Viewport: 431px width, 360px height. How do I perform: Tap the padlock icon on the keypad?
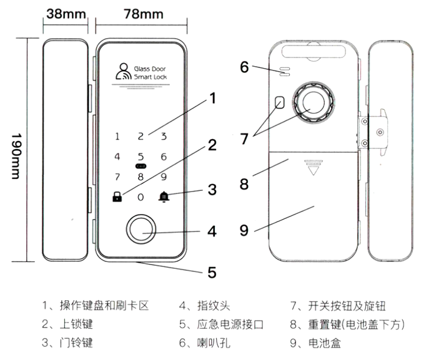(117, 198)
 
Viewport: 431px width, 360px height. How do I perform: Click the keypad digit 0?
(141, 198)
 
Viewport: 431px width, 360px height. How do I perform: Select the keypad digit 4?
(117, 157)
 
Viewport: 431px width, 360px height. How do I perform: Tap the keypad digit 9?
(164, 177)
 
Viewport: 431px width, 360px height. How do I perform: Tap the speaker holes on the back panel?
(284, 71)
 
